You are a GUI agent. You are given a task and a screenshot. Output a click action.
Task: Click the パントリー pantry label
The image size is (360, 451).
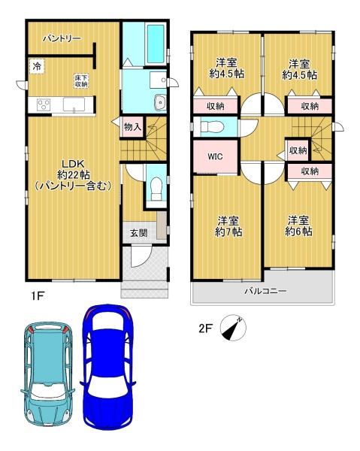tap(62, 38)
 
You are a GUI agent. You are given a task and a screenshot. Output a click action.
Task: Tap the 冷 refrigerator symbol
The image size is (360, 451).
tap(37, 66)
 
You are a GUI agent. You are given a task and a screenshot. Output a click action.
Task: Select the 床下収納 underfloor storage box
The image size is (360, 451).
tap(81, 81)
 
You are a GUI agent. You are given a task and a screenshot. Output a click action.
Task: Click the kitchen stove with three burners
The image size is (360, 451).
tap(44, 104)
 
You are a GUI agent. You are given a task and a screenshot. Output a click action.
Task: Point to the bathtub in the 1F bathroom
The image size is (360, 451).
tap(156, 44)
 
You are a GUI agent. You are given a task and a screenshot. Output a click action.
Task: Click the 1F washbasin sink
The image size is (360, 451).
tap(160, 102)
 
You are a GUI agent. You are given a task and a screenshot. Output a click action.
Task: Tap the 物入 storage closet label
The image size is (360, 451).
tap(132, 126)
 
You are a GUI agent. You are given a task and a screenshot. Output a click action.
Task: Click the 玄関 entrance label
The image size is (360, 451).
tap(139, 233)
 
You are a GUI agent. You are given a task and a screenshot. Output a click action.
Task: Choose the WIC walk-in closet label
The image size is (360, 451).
tap(216, 156)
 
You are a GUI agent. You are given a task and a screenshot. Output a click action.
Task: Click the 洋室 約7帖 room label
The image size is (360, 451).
tap(228, 226)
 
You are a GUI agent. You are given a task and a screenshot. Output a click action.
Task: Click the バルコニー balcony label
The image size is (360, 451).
tap(265, 291)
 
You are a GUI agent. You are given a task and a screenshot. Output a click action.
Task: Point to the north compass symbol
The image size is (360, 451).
tap(233, 327)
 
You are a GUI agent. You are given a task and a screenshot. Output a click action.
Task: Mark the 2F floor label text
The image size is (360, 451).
tap(205, 328)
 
